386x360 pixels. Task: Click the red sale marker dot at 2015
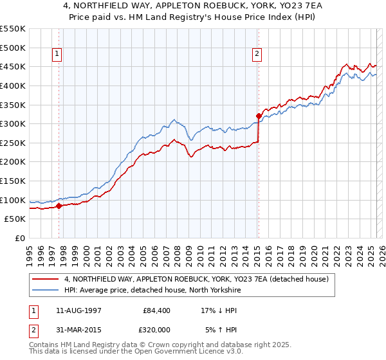pos(259,116)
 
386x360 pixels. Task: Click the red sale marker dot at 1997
pos(59,206)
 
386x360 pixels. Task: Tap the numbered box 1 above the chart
pos(58,55)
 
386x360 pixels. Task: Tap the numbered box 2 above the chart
pos(257,55)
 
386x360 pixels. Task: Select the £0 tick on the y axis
pos(20,239)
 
